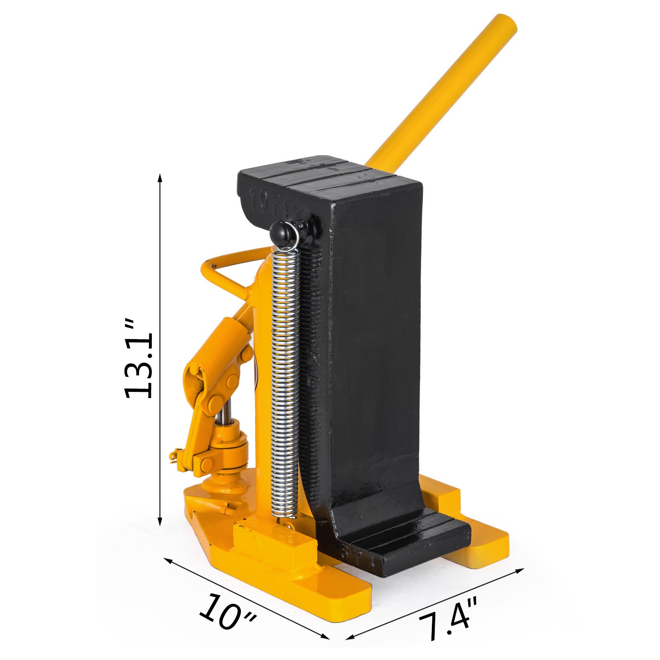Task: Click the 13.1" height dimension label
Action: [x=139, y=358]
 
